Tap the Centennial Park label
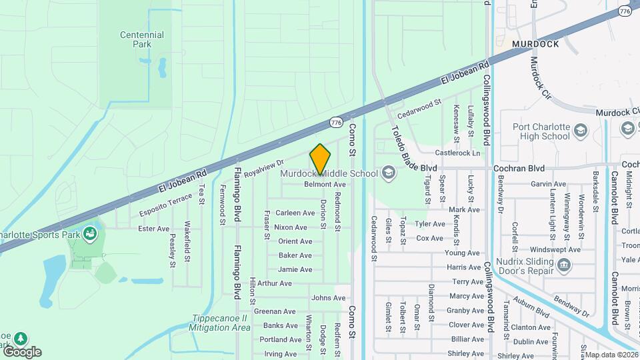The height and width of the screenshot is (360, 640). coord(141,39)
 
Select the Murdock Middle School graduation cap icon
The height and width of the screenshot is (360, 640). coord(387,174)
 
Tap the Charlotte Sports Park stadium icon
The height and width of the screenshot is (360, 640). coord(89,234)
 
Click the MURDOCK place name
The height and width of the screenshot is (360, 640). coord(535,44)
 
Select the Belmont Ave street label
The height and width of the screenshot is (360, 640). coord(325,185)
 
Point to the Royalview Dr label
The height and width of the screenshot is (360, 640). coord(264,167)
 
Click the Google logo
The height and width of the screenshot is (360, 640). coord(22,352)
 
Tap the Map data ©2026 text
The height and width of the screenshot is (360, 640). coord(611,355)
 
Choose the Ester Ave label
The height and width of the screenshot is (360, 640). coord(153,229)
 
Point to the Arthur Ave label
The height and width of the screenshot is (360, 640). coord(275,283)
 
